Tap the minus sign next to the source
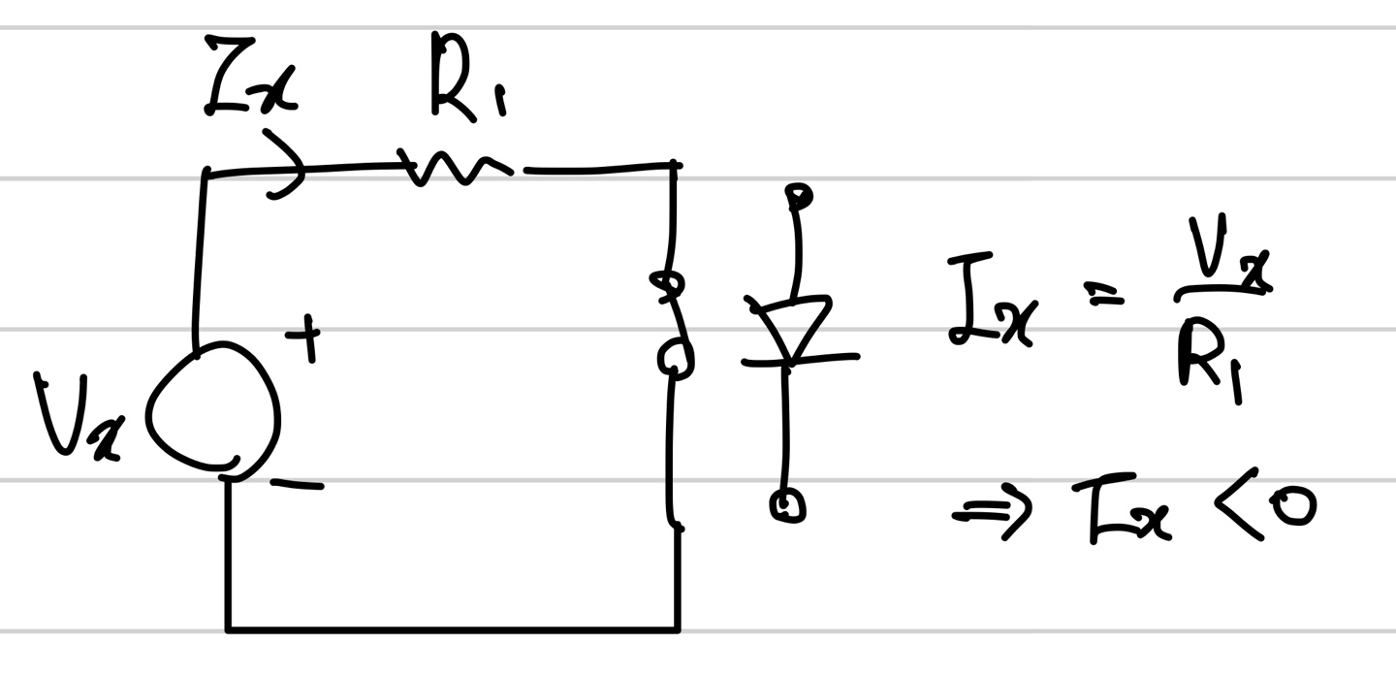[x=296, y=483]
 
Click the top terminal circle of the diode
[x=799, y=197]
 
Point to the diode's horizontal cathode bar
[x=799, y=360]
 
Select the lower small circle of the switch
[x=675, y=359]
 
